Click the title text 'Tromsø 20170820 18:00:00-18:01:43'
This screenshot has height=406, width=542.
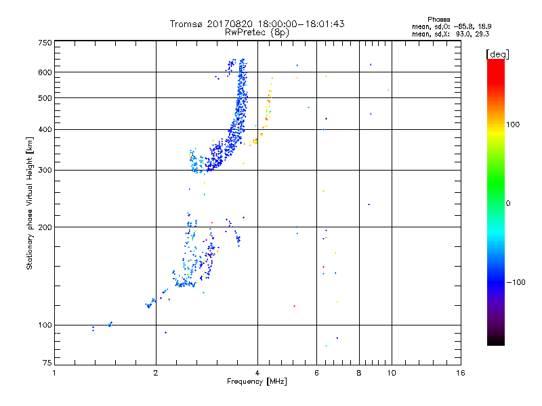257,24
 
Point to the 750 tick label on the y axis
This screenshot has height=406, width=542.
45,43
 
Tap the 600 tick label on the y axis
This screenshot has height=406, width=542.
45,72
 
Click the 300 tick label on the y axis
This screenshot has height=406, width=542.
45,171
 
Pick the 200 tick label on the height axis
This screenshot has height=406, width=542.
45,227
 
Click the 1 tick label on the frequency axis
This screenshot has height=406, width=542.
54,373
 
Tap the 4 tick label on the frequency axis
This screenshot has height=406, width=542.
257,373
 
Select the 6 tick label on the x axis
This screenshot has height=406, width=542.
317,373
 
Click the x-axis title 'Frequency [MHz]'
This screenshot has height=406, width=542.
257,382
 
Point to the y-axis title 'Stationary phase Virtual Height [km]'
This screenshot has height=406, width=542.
30,203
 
